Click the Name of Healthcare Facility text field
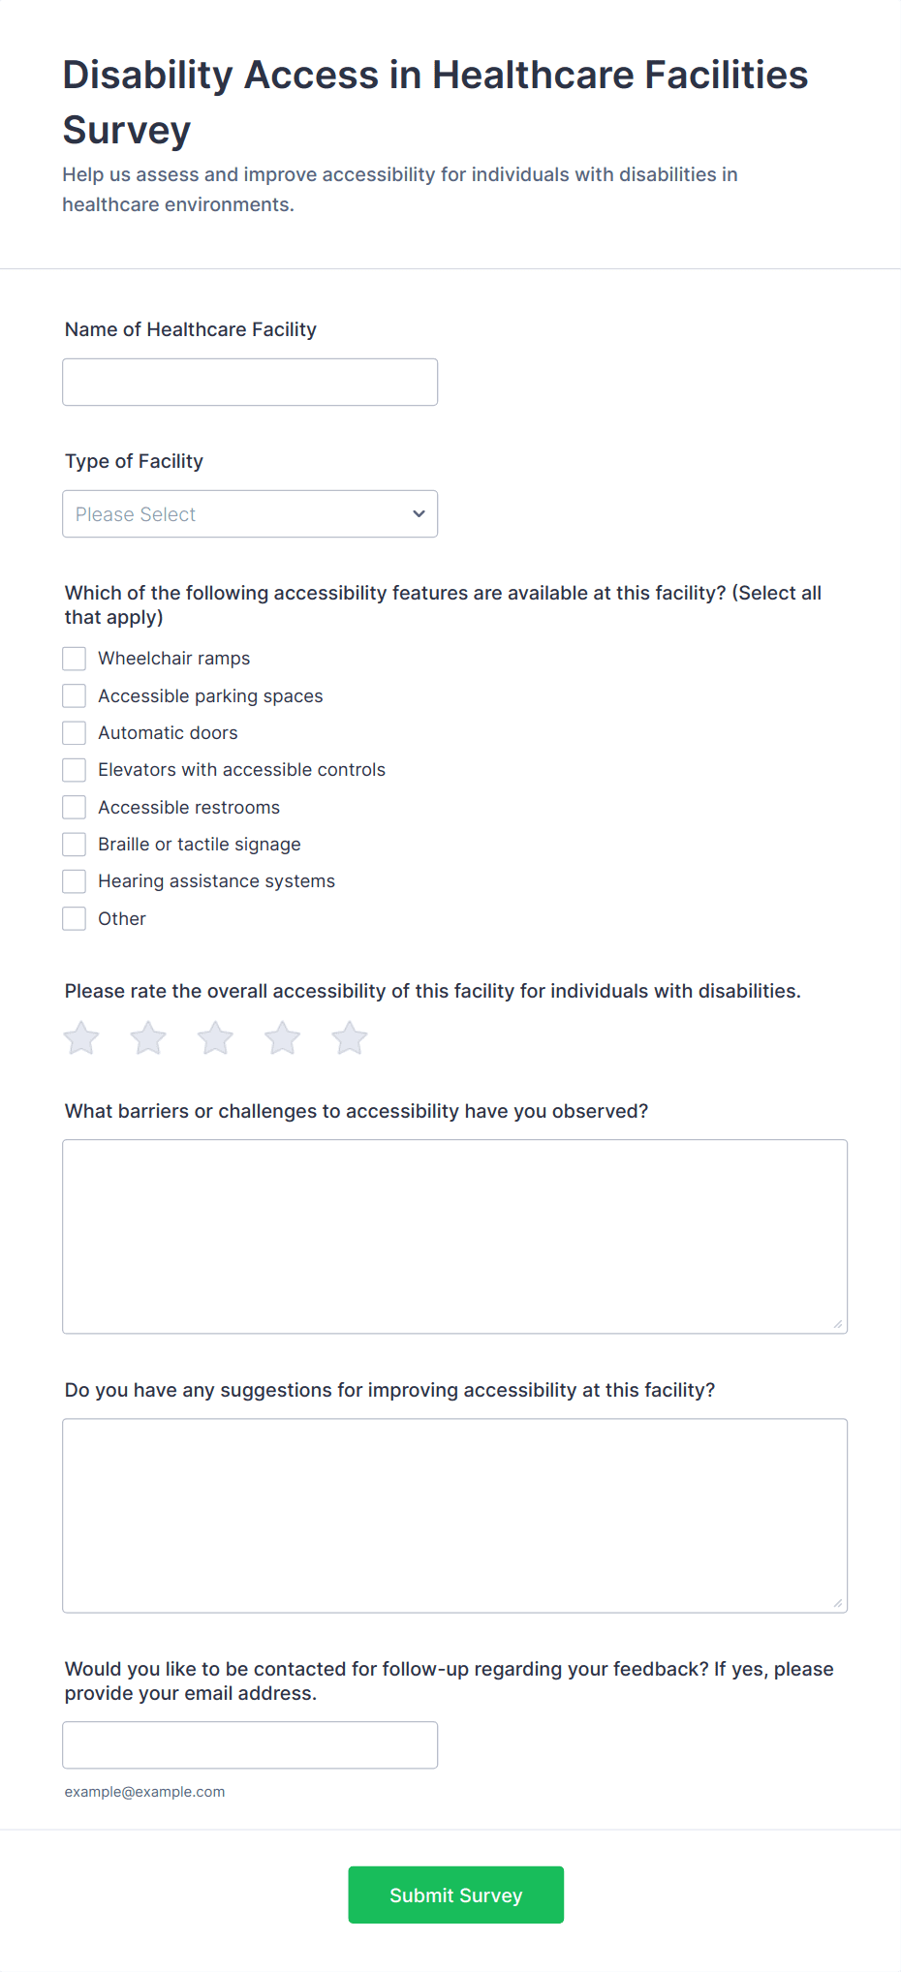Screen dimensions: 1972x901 (x=250, y=383)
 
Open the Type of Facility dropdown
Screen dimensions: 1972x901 (x=250, y=514)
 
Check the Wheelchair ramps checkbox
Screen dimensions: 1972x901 (x=75, y=659)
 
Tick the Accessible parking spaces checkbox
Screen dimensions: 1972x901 (x=75, y=696)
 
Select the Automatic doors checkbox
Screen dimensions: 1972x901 (x=75, y=733)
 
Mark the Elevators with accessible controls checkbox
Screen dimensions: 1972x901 (x=75, y=770)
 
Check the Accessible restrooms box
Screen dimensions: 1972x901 (x=75, y=808)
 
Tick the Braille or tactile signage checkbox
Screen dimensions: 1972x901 (x=75, y=845)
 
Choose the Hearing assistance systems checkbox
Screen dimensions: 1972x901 (x=75, y=881)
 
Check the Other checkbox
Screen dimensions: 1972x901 (x=75, y=919)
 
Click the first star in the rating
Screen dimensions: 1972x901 (x=81, y=1038)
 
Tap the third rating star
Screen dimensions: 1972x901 (x=215, y=1038)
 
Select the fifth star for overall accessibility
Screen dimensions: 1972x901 (x=350, y=1038)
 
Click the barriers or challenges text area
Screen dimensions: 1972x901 (x=454, y=1237)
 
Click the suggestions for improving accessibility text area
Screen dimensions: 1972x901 (x=454, y=1516)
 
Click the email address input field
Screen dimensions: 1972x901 (x=250, y=1745)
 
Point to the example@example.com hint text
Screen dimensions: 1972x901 (x=144, y=1792)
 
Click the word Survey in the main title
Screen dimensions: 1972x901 (x=127, y=131)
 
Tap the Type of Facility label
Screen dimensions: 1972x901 (x=134, y=462)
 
